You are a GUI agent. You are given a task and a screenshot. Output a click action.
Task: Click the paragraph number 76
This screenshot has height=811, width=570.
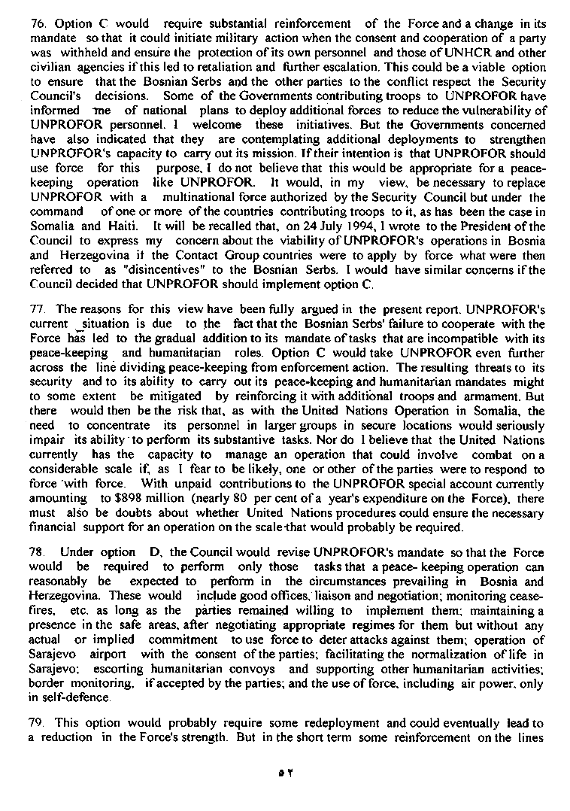coord(35,24)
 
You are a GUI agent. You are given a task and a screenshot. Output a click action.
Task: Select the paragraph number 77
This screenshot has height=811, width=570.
coord(35,308)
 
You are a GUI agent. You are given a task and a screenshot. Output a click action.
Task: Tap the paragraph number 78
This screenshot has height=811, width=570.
coord(35,552)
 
